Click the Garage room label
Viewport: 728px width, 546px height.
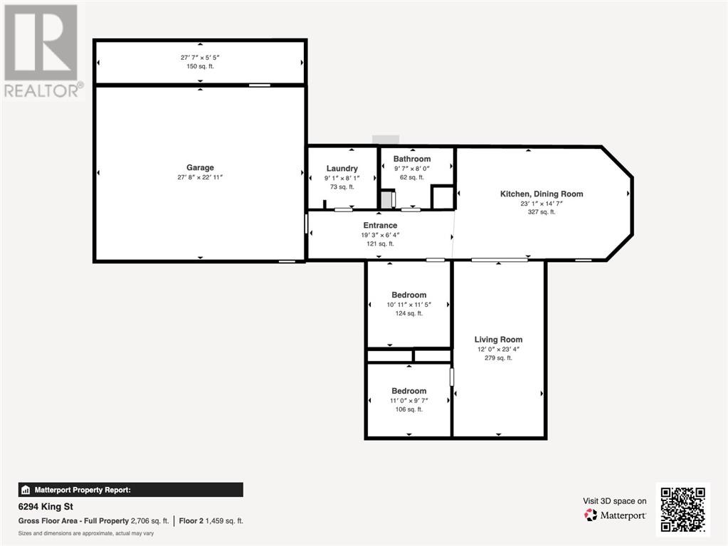200,167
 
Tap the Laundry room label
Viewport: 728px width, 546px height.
342,169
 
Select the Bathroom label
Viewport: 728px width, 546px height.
412,159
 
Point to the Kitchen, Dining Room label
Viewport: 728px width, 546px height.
542,194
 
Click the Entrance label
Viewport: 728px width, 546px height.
380,225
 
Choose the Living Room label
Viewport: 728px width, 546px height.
498,340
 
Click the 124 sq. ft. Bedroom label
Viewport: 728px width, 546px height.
409,295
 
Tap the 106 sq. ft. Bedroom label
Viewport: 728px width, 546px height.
409,391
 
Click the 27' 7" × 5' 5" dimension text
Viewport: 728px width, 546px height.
200,58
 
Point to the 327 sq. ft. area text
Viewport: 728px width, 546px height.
542,211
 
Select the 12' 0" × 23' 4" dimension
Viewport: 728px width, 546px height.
498,349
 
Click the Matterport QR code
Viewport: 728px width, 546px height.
683,509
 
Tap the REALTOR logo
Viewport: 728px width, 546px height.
43,51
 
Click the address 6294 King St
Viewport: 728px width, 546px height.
46,507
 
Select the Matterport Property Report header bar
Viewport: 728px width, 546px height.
130,490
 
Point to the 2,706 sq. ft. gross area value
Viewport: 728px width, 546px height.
150,521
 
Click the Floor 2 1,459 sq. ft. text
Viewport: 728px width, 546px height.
211,521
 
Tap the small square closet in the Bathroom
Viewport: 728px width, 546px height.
443,197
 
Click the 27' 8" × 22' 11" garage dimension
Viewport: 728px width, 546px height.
200,177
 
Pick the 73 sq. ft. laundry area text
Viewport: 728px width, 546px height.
342,187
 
